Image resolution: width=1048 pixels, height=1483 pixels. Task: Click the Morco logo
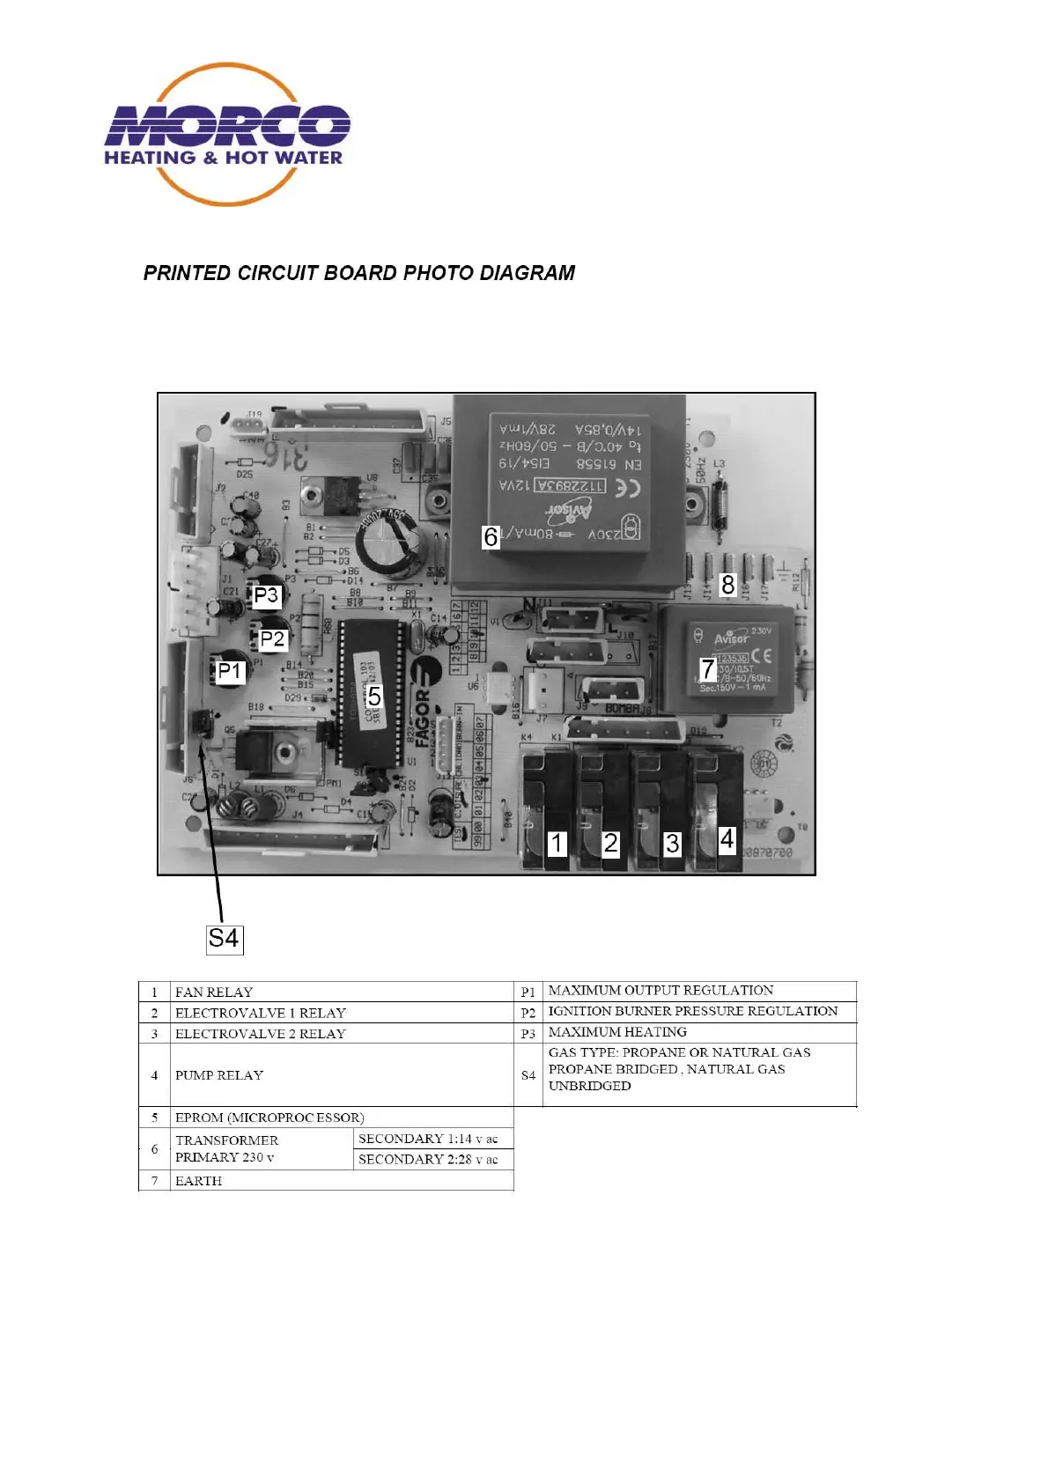coord(227,134)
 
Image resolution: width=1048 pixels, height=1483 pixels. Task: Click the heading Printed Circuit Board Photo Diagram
coord(359,273)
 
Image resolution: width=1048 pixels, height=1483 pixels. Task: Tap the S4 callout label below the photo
coord(224,938)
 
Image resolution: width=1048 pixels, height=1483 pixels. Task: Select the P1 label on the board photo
coord(230,672)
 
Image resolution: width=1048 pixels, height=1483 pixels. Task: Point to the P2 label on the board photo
coord(273,638)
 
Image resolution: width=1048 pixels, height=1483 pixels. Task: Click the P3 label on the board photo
coord(266,596)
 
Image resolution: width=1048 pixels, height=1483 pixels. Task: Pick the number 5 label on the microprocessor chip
coord(374,697)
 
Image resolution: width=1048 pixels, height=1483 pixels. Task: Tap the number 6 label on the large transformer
coord(491,536)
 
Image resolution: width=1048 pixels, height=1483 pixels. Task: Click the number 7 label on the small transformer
coord(707,669)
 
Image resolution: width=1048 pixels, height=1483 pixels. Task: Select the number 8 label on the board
coord(727,585)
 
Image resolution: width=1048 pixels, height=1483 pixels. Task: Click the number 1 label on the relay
coord(557,843)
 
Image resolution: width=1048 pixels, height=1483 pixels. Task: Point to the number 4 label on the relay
coord(727,838)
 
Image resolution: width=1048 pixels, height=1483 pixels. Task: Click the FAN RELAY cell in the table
coord(214,992)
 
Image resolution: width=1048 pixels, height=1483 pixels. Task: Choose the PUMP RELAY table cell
coord(219,1075)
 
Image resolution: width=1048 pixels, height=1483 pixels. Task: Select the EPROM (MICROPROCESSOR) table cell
coord(269,1118)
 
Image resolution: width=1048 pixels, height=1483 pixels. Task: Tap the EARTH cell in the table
coord(199,1181)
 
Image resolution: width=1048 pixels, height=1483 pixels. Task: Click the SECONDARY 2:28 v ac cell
coord(428,1160)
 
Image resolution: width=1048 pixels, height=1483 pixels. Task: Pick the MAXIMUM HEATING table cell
coord(617,1032)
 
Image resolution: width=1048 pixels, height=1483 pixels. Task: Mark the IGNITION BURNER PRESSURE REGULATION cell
coord(693,1011)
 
